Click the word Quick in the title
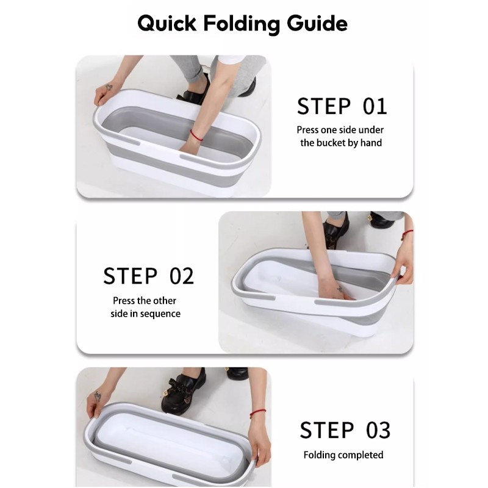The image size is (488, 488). tap(167, 24)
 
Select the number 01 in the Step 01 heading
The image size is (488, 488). tap(375, 106)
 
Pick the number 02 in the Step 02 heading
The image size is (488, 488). tap(182, 276)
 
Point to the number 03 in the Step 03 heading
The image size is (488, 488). tap(378, 430)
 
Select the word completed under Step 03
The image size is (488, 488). tap(362, 455)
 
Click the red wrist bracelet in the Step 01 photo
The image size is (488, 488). tap(196, 135)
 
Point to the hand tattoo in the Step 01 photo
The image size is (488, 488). tap(109, 87)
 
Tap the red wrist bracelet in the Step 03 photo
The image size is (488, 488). tap(258, 413)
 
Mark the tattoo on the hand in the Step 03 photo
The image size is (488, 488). tap(98, 396)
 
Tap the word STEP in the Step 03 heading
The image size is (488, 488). tap(327, 430)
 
